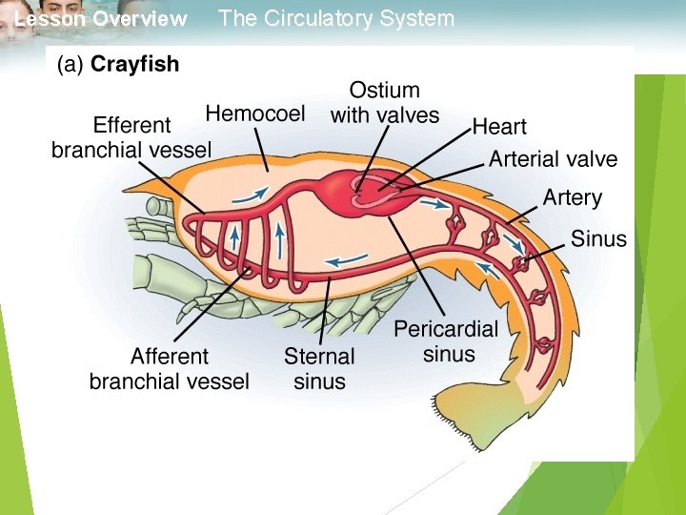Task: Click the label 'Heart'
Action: pos(499,127)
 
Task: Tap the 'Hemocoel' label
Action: pos(255,114)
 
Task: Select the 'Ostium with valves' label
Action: pos(385,103)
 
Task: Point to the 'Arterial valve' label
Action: pos(553,159)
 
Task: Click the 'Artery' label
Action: pos(572,198)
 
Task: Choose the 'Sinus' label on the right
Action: pos(598,238)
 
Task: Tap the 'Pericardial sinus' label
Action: pos(446,341)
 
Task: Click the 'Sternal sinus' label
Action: pos(319,369)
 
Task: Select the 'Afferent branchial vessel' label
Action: pos(169,369)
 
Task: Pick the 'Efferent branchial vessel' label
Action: pos(131,138)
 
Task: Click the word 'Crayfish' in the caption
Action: pos(134,65)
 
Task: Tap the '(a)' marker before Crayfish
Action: pos(71,65)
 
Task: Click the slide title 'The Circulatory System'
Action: pos(336,18)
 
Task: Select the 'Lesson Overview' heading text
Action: pos(101,19)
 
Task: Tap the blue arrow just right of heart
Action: pos(434,202)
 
